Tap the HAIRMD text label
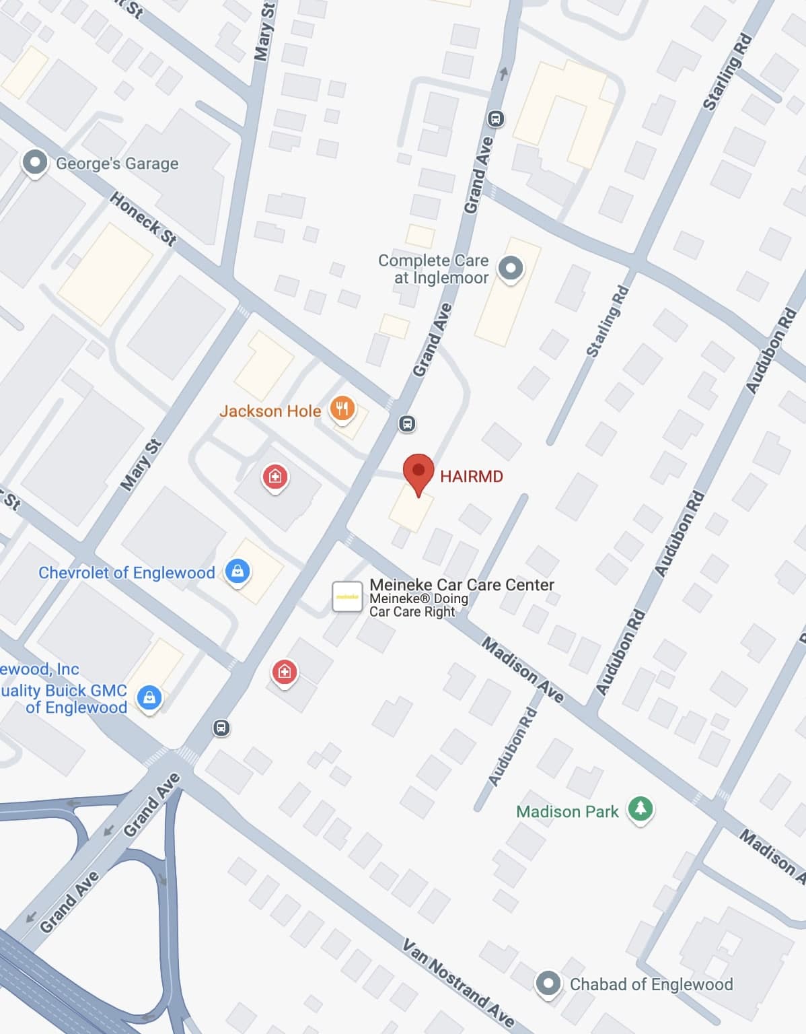[471, 477]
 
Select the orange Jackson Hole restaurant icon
[342, 408]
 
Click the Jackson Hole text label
[270, 411]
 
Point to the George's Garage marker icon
[35, 162]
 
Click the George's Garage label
[117, 164]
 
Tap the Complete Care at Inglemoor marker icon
[511, 268]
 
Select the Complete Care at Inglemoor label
[434, 269]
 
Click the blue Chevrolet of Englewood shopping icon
[237, 572]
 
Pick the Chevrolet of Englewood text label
[126, 573]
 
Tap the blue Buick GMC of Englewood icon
[149, 697]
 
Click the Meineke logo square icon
[347, 596]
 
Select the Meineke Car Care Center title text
[462, 584]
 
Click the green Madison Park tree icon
[640, 808]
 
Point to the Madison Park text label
[566, 812]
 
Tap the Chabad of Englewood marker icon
[548, 983]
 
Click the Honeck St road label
[143, 219]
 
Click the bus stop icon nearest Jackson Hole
[407, 423]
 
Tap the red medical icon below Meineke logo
[284, 671]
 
